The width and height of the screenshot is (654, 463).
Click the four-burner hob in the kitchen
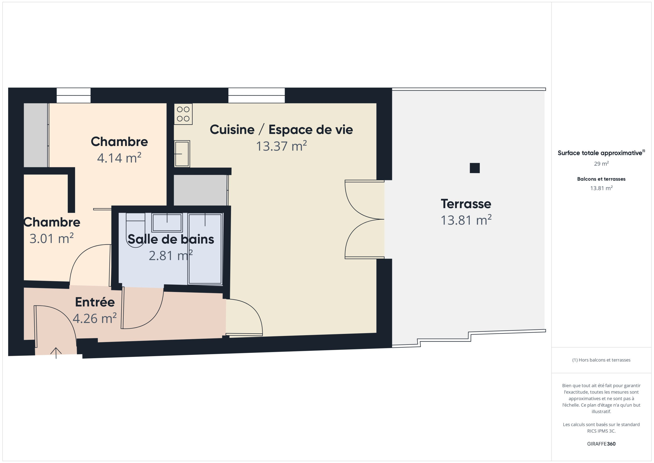click(x=183, y=114)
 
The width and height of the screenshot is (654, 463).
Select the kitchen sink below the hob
click(x=182, y=154)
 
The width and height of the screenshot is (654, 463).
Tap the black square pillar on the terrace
click(x=475, y=168)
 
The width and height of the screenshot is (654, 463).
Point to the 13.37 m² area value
click(x=282, y=146)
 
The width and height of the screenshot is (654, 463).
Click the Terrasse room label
click(x=466, y=204)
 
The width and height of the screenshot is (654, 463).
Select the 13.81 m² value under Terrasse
click(x=466, y=220)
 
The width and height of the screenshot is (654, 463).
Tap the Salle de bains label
click(x=171, y=239)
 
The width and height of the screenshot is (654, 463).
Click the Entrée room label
click(x=95, y=302)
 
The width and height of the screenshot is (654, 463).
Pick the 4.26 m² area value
click(x=95, y=319)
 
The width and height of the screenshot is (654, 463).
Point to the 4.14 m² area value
click(x=119, y=158)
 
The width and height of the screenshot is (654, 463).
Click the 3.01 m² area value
click(x=52, y=239)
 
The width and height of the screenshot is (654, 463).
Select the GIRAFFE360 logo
click(x=601, y=444)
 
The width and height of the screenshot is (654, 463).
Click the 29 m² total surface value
click(x=601, y=163)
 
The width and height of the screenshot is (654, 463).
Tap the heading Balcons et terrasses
click(x=601, y=179)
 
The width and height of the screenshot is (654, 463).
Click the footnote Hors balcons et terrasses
click(x=601, y=360)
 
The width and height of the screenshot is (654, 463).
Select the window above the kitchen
click(x=256, y=95)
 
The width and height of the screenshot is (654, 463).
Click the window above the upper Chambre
click(x=74, y=95)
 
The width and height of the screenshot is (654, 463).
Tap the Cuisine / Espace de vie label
click(x=282, y=130)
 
